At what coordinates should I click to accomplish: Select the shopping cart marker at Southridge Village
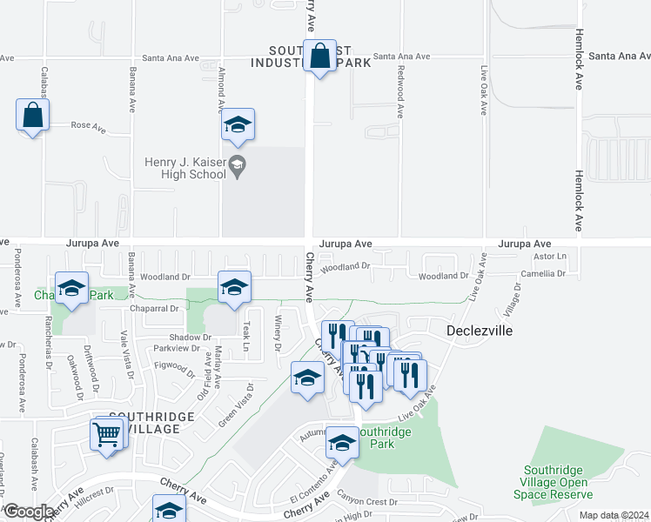click(106, 433)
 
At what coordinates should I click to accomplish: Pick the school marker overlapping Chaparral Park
click(71, 289)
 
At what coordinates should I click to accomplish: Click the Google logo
click(28, 512)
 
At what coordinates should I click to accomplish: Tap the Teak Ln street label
click(246, 330)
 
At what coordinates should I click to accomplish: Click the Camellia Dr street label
click(543, 274)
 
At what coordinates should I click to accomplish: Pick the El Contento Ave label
click(312, 479)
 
